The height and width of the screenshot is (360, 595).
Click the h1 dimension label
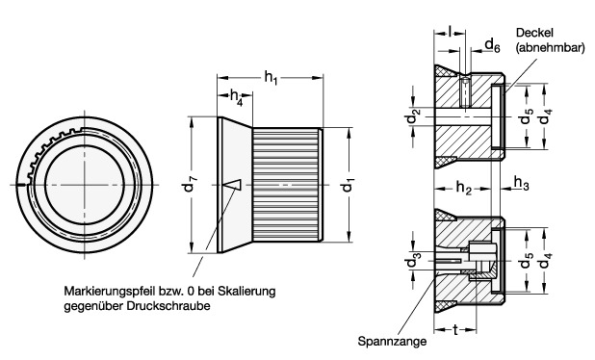click(x=271, y=79)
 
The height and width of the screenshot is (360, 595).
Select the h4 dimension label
click(x=237, y=96)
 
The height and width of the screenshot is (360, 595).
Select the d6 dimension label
click(x=493, y=45)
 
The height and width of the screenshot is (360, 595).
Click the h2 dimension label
click(x=464, y=187)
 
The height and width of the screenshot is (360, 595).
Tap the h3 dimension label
click(x=522, y=183)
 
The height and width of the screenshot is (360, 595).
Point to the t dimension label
click(x=455, y=329)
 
